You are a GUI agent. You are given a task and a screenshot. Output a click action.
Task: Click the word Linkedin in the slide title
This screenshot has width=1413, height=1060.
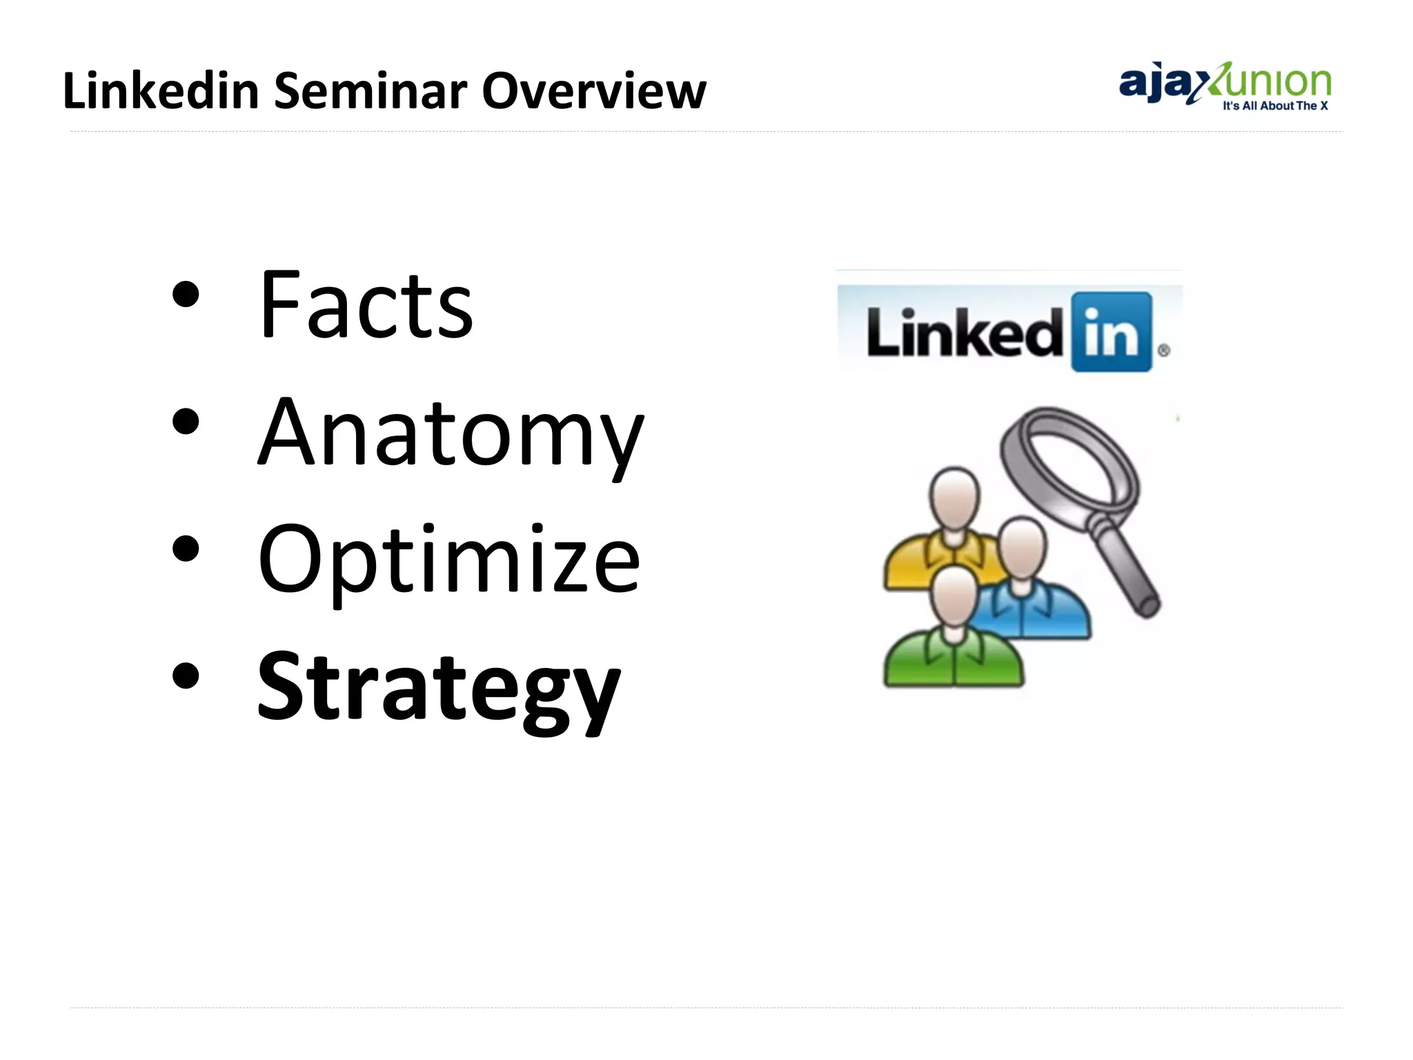[160, 91]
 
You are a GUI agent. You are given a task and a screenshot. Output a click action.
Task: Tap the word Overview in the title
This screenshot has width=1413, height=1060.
[593, 91]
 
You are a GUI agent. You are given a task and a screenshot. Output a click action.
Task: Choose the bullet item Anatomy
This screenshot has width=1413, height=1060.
[450, 433]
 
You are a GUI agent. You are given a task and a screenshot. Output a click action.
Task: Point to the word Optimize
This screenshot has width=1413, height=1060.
[448, 560]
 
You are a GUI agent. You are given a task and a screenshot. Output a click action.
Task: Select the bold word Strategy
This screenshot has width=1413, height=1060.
[439, 687]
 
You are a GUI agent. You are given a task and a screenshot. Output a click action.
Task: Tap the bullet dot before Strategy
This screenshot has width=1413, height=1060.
[186, 677]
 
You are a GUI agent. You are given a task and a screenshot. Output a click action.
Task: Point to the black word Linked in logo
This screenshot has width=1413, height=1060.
[965, 333]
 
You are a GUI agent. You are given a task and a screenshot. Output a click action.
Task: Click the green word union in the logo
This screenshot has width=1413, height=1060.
[1276, 83]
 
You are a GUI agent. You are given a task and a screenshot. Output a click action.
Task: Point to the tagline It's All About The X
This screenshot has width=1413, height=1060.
[1275, 106]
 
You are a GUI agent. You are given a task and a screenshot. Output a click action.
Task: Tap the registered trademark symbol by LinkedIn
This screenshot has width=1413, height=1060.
[1164, 351]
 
